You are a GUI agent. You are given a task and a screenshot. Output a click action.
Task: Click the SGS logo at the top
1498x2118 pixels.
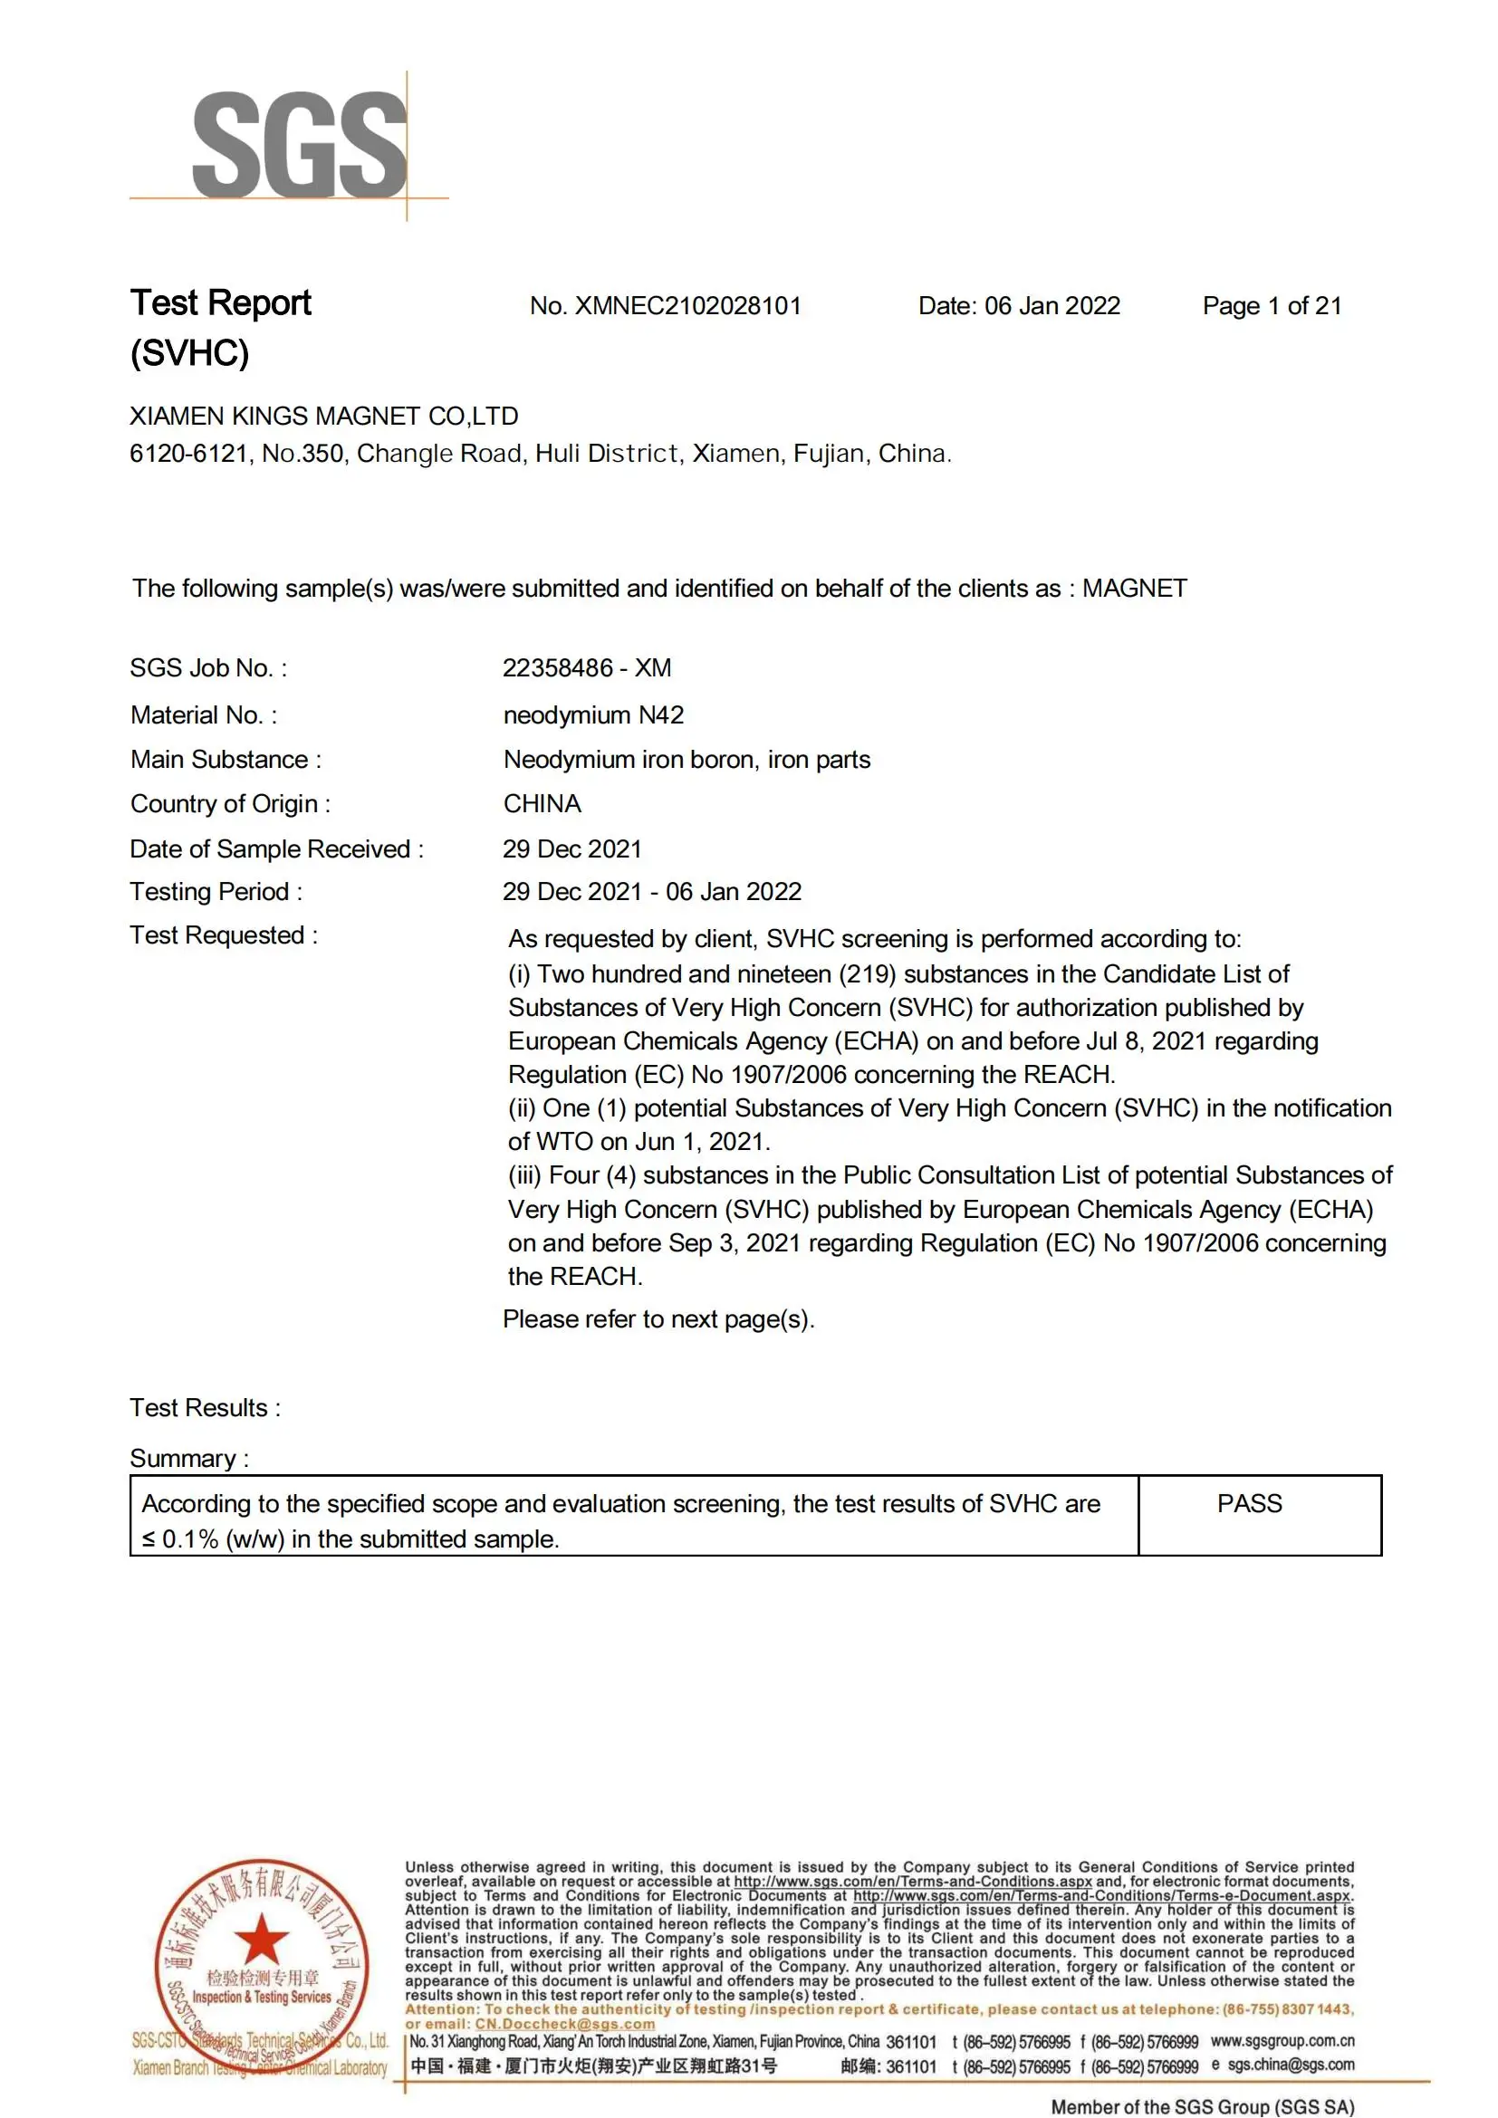[x=299, y=145]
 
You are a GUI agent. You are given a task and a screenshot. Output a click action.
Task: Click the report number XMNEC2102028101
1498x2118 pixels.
[x=687, y=306]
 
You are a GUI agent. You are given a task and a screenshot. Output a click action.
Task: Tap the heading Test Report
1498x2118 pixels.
[x=220, y=303]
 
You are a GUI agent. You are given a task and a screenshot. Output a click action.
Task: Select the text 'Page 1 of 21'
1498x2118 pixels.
[x=1271, y=306]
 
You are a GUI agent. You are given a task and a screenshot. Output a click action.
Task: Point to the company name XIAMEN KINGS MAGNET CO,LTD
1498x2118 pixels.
[x=323, y=416]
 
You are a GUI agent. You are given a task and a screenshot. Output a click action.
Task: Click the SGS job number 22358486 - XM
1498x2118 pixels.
[x=587, y=668]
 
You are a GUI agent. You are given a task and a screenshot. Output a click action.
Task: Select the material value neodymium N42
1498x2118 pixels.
[x=593, y=715]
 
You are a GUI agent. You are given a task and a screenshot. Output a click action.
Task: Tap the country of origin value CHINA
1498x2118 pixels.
[x=543, y=803]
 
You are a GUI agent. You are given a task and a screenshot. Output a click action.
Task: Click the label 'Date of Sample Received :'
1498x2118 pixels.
[x=277, y=848]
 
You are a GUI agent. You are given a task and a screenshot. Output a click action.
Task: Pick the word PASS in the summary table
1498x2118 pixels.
[x=1249, y=1504]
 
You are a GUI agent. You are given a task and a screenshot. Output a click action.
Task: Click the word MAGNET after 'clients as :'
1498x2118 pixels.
[x=1134, y=589]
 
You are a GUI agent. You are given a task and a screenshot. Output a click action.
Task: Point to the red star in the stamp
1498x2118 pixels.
[x=262, y=1938]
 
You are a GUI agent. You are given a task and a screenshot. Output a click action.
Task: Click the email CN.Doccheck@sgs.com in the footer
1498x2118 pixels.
[x=564, y=2024]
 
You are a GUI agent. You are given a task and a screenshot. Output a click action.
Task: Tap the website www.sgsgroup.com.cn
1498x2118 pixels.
[x=1282, y=2041]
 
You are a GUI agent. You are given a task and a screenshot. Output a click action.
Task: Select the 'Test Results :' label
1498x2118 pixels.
[x=205, y=1408]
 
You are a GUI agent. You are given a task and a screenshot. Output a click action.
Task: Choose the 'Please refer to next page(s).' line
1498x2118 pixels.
[x=658, y=1319]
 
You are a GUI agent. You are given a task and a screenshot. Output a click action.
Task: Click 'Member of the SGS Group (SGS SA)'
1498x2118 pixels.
[x=1202, y=2107]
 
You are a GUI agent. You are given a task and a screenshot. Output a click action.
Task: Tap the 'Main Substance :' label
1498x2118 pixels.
[x=226, y=759]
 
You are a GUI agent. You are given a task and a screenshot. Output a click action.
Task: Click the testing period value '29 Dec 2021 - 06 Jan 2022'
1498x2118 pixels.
[x=651, y=891]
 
